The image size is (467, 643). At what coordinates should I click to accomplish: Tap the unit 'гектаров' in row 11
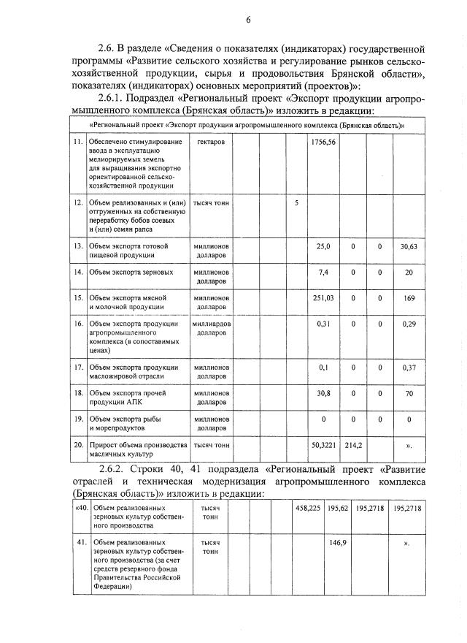(211, 142)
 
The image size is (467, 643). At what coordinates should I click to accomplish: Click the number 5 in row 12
(296, 202)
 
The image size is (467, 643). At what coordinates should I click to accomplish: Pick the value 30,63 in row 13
(408, 247)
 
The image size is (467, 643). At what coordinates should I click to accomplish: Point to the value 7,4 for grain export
(325, 273)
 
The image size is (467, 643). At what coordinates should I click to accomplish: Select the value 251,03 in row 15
(322, 298)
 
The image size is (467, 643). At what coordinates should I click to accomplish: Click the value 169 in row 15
(409, 298)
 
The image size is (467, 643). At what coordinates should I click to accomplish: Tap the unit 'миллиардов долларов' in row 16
(211, 328)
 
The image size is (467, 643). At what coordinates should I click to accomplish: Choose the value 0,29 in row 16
(409, 324)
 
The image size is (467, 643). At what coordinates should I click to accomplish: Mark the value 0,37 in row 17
(409, 368)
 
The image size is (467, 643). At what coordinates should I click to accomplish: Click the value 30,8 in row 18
(324, 394)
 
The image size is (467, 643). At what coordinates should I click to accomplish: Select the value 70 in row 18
(409, 394)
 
